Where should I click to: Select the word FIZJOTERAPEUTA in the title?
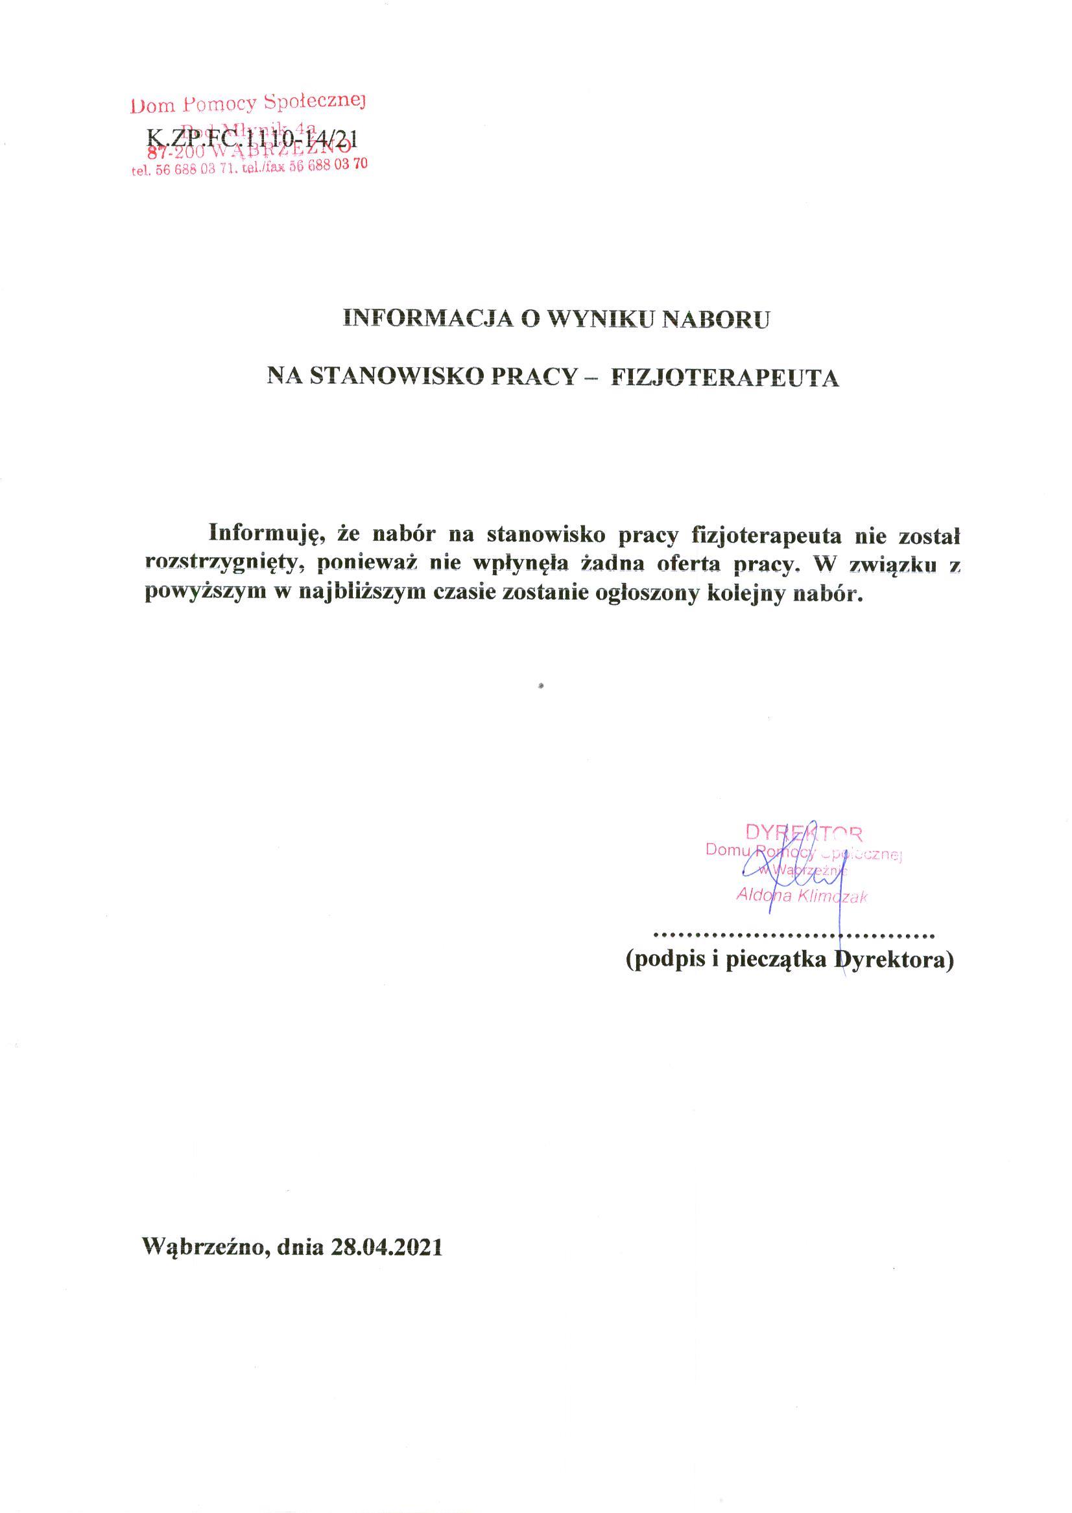point(726,377)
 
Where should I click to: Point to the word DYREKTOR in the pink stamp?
point(804,832)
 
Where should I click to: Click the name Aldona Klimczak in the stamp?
point(802,896)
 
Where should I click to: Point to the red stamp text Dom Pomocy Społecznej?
point(249,103)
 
